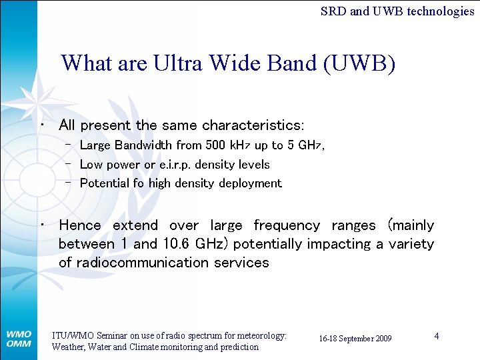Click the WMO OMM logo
click(19, 338)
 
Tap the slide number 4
click(436, 336)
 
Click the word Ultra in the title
click(179, 63)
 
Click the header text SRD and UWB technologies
click(397, 11)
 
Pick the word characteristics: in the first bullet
click(253, 125)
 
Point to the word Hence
click(80, 225)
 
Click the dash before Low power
click(69, 164)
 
